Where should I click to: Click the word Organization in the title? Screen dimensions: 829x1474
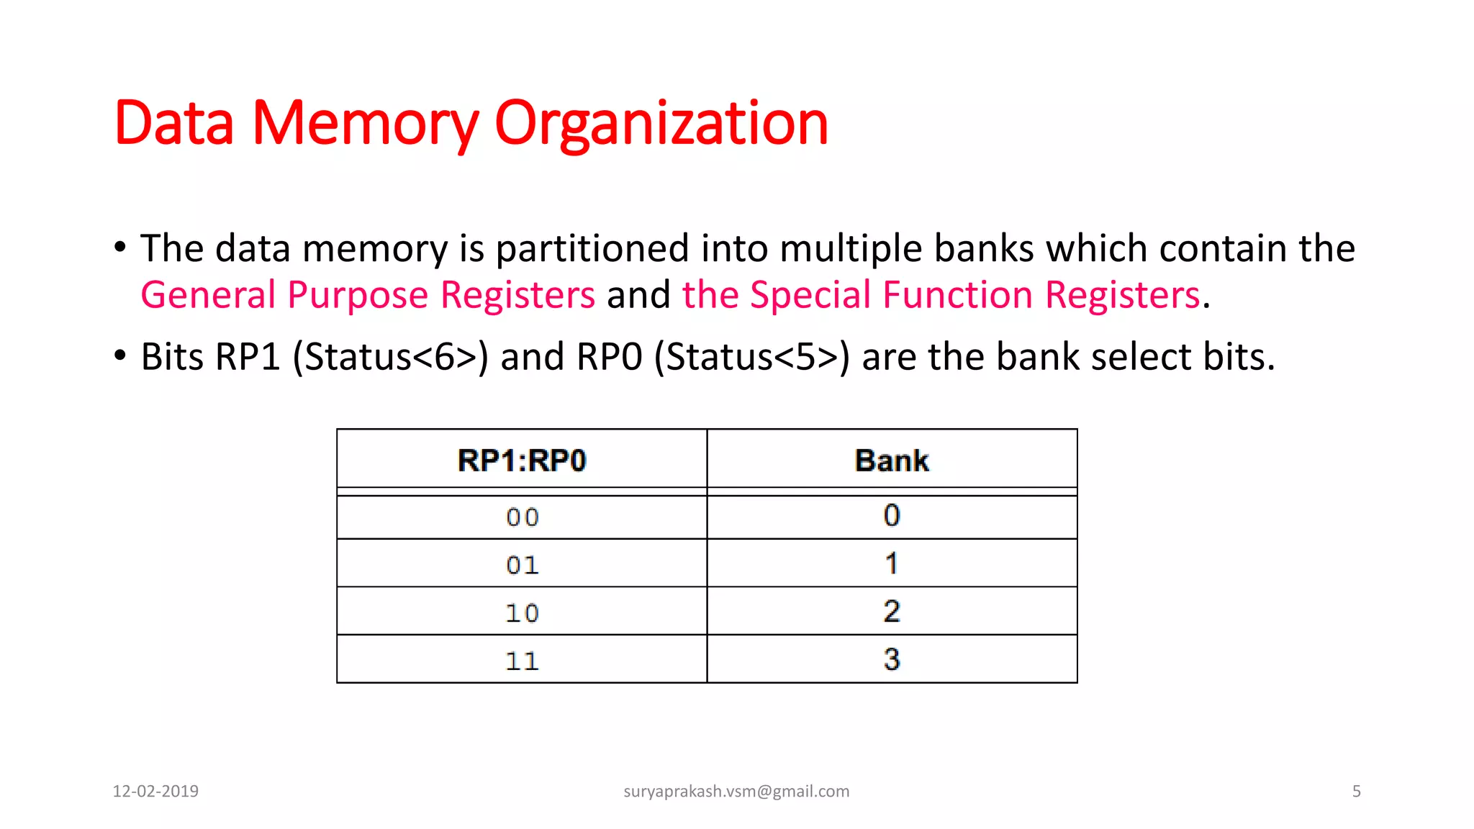(x=661, y=124)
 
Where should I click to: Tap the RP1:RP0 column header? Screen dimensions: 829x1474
(x=522, y=461)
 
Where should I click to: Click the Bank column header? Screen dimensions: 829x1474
(x=892, y=461)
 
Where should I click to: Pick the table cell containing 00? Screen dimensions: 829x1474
(x=522, y=517)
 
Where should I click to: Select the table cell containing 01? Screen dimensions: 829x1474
(x=522, y=565)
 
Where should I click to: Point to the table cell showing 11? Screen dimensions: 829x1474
(x=522, y=661)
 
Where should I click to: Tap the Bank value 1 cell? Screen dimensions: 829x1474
(x=892, y=563)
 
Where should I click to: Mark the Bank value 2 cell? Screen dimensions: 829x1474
(x=892, y=612)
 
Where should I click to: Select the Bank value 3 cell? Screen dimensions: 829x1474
(x=892, y=659)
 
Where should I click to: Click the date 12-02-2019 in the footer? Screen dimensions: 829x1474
(x=155, y=792)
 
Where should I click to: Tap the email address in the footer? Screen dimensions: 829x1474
(x=736, y=792)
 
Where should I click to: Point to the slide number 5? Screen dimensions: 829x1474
(x=1356, y=792)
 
